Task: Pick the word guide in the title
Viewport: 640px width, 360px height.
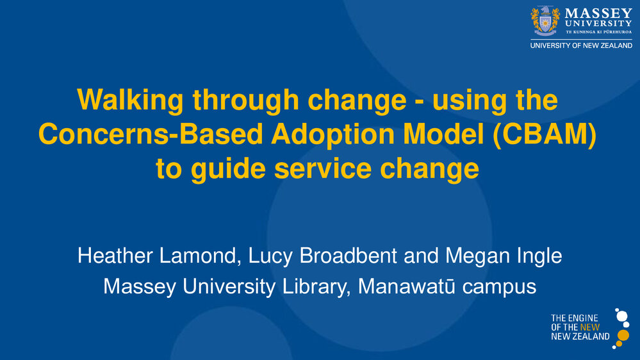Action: click(x=228, y=169)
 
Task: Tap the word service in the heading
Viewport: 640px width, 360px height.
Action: click(x=323, y=168)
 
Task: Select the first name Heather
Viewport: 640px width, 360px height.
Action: click(x=115, y=256)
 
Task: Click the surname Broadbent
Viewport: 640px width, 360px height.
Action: click(x=348, y=256)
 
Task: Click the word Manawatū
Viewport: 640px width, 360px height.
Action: click(x=407, y=286)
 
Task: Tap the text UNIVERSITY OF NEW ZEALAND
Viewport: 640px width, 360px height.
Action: click(x=581, y=45)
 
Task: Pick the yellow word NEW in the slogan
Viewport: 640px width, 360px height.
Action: click(x=590, y=327)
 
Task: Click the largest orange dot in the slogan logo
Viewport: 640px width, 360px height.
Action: click(x=623, y=336)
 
